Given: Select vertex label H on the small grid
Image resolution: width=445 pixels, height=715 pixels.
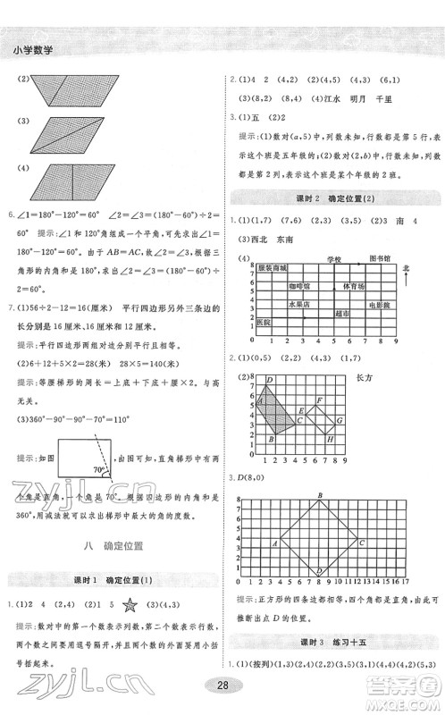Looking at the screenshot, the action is tap(330, 439).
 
